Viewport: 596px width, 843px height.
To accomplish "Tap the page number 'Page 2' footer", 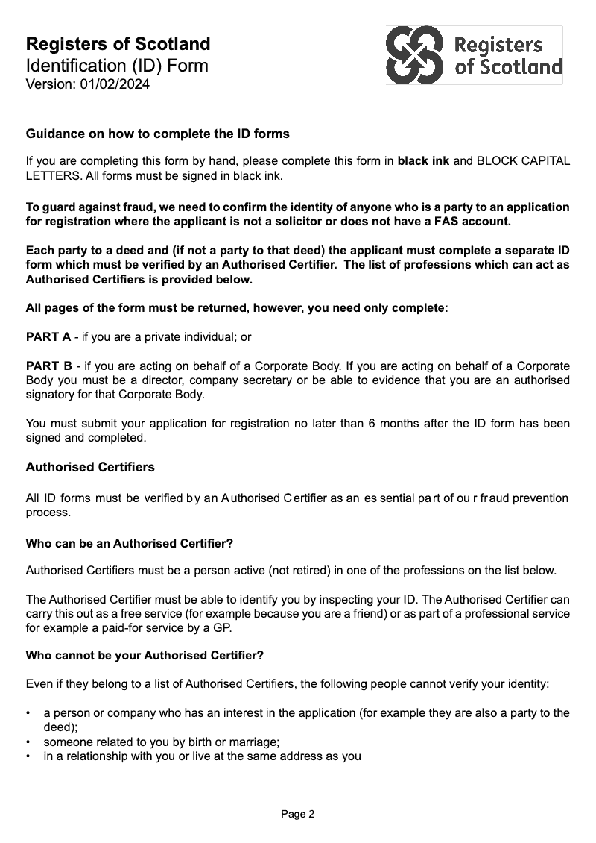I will [298, 814].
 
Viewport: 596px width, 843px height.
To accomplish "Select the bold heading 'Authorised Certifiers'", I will [90, 467].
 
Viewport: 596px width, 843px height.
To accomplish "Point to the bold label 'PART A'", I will [48, 336].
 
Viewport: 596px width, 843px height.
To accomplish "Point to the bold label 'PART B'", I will [48, 366].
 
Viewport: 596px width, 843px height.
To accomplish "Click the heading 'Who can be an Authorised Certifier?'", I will [129, 544].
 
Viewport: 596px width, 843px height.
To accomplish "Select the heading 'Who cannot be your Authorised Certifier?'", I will [145, 656].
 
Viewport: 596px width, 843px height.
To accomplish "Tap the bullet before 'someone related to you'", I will [28, 742].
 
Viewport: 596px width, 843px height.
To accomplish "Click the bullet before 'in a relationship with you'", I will [28, 756].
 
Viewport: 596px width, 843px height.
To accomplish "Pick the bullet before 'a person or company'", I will [28, 713].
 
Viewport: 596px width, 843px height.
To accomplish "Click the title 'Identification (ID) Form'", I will [117, 65].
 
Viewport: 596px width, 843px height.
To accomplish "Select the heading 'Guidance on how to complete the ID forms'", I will [157, 134].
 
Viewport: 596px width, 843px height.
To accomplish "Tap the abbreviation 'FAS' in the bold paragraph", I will [444, 221].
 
